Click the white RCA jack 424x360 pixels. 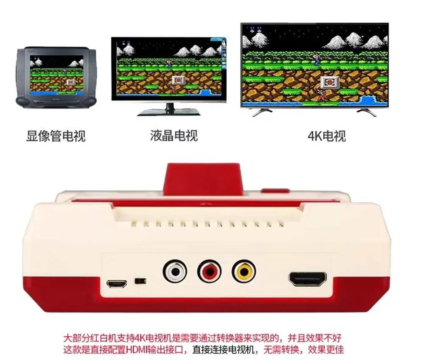point(174,271)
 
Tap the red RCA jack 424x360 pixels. point(209,271)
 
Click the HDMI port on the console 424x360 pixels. point(308,279)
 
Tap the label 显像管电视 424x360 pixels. point(56,136)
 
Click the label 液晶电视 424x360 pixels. point(174,135)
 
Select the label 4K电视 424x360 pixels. point(326,136)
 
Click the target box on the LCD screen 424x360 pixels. point(179,79)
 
